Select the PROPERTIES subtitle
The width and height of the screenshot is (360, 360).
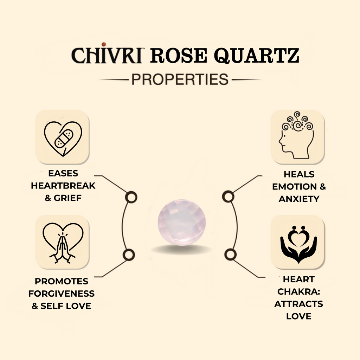point(180,79)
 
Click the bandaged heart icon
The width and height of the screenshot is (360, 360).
point(63,137)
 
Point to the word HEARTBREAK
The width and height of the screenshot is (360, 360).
point(63,186)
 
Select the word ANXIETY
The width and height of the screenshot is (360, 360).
point(299,199)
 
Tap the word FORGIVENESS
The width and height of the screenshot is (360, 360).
point(62,294)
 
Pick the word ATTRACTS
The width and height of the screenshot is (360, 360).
point(299,304)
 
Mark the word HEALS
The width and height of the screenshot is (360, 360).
point(299,174)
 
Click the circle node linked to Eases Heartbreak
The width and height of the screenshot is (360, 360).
point(131,197)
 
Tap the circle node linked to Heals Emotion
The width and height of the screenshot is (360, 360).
point(229,196)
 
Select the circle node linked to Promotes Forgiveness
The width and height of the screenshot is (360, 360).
point(129,254)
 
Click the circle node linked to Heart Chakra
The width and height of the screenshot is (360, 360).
point(230,254)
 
